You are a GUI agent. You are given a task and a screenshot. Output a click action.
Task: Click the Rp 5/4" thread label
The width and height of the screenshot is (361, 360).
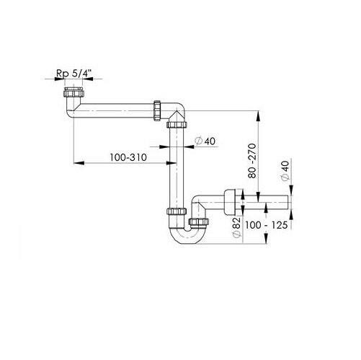[74, 74]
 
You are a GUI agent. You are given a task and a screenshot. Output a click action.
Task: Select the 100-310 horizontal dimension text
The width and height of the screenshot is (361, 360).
[128, 157]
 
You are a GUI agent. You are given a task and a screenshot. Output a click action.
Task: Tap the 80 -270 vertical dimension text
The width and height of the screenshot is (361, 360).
[252, 161]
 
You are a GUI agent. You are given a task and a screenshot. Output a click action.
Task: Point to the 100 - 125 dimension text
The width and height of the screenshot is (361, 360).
[266, 225]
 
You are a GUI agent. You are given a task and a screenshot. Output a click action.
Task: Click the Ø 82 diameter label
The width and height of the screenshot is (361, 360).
[236, 227]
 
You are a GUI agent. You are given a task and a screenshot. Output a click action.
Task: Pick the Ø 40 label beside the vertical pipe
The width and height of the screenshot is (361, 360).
[205, 141]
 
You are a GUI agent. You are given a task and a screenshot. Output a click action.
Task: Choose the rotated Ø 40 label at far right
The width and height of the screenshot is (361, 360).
[285, 170]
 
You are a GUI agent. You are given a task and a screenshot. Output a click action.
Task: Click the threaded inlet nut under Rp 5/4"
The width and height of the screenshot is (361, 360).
[74, 92]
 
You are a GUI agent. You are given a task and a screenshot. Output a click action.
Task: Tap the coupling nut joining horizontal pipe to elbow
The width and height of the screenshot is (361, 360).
[157, 110]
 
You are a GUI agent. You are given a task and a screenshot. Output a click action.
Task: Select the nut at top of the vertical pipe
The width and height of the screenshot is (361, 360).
[177, 125]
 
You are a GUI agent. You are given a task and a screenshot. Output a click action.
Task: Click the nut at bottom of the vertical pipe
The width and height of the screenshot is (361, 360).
[177, 211]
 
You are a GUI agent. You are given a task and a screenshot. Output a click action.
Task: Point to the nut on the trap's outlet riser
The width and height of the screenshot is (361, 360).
[199, 221]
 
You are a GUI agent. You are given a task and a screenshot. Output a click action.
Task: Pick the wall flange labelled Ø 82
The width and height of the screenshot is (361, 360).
[230, 202]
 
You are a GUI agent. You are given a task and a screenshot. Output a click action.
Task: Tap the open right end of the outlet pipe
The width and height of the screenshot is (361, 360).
[288, 202]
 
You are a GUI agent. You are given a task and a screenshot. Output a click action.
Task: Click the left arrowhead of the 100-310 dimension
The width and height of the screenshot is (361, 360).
[79, 163]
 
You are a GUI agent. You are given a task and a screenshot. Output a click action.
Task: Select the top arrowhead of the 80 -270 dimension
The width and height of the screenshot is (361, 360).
[259, 116]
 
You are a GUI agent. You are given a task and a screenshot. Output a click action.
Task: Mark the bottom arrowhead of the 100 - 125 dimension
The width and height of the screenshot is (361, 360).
[266, 239]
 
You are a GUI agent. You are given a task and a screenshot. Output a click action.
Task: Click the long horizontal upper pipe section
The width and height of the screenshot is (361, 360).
[113, 110]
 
